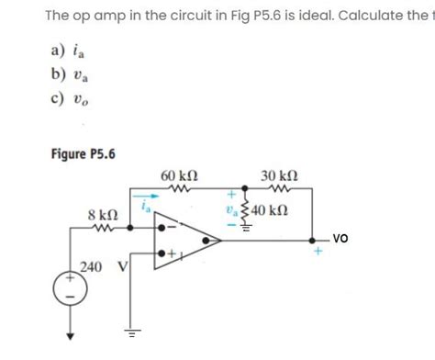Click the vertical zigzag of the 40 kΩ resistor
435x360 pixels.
(x=245, y=210)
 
